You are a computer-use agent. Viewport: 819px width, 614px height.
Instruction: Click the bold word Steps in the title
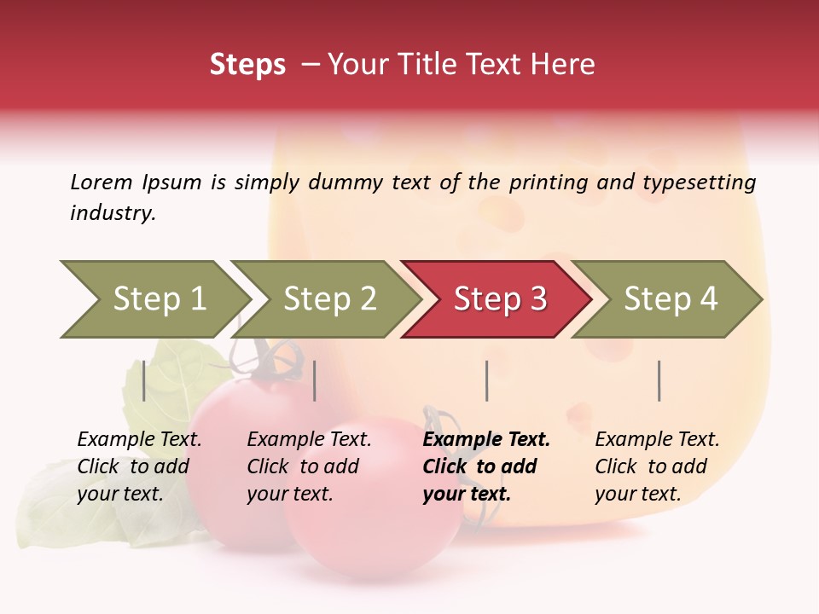247,65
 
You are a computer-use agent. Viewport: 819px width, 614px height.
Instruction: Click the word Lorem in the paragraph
101,182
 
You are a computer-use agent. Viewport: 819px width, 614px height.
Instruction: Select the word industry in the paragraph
113,213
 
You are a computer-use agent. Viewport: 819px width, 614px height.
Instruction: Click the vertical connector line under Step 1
143,380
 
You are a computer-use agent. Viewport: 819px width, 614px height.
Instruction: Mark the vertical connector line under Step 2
315,380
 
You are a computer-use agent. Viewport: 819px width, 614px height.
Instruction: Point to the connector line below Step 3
486,380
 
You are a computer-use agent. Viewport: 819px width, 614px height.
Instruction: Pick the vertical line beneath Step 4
659,380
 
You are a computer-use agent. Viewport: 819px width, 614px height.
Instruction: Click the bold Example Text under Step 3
486,440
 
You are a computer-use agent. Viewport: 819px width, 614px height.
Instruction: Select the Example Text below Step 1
139,440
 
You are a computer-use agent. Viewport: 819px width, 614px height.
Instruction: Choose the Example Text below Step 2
309,440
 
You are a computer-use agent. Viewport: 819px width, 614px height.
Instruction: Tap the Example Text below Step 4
657,440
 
